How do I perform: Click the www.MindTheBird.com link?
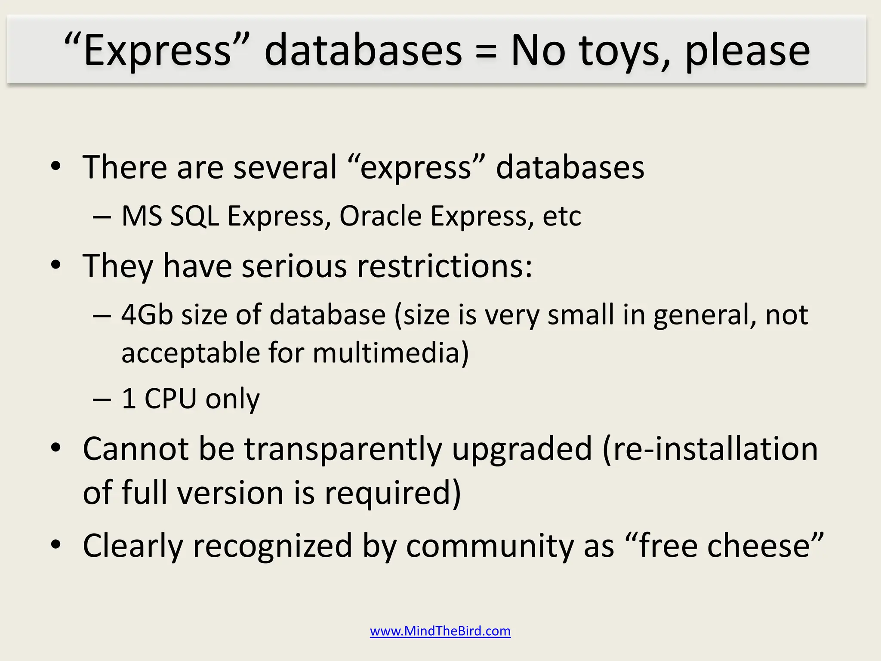[x=440, y=631]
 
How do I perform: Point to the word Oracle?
[x=380, y=216]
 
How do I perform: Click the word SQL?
[x=194, y=216]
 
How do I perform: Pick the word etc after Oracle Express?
[x=562, y=216]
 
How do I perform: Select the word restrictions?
[x=445, y=266]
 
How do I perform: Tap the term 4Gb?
[x=147, y=314]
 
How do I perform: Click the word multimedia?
[x=390, y=353]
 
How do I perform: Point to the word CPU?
[x=170, y=398]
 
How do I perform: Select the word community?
[x=489, y=546]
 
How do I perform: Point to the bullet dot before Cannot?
[x=56, y=448]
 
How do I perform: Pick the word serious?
[x=294, y=266]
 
